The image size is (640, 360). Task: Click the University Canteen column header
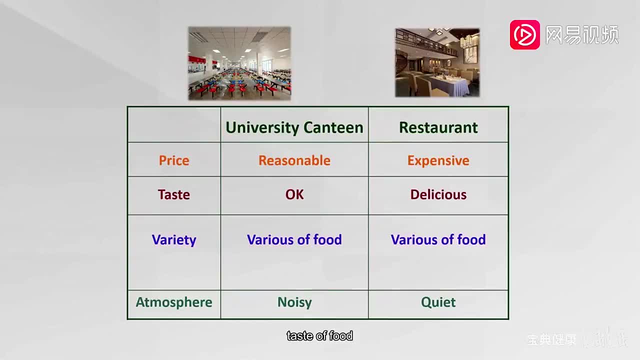point(294,127)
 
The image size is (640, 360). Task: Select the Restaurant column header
point(438,127)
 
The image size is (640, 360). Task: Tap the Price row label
point(174,160)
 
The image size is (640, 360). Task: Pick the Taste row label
point(174,194)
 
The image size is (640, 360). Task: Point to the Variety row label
point(174,240)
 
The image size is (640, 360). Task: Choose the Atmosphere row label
point(174,302)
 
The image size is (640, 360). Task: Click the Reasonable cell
point(294,160)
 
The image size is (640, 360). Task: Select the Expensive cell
point(438,160)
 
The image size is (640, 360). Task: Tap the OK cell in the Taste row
point(294,194)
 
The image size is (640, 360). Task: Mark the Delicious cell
point(438,194)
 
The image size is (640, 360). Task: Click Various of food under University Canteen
point(294,240)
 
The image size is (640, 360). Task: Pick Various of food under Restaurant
point(438,240)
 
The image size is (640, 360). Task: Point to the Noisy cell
point(294,302)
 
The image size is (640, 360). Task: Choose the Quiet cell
point(438,302)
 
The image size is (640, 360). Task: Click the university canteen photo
point(239,63)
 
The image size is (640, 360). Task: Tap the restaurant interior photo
point(437,62)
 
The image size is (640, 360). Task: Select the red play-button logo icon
point(524,35)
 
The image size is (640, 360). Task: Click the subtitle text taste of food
point(320,336)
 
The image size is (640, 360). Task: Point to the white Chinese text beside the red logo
point(581,35)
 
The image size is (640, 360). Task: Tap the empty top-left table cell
point(174,124)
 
